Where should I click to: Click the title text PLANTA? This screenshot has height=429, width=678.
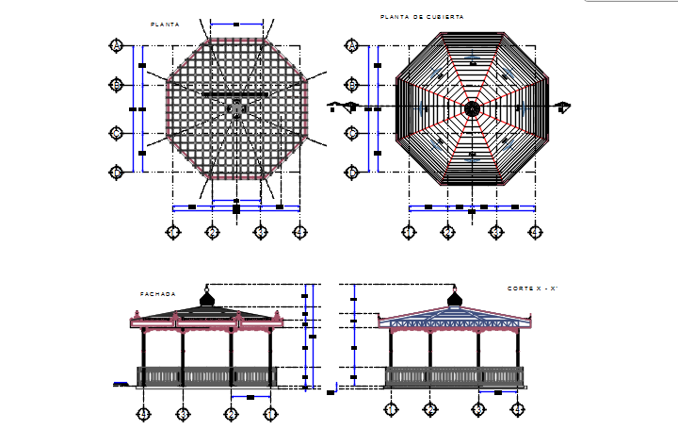(165, 24)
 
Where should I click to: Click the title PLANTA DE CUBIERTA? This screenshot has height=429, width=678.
(422, 17)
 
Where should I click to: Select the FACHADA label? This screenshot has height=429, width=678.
(158, 294)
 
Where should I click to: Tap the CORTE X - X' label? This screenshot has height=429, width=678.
(533, 288)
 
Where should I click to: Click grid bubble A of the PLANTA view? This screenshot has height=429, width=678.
(117, 45)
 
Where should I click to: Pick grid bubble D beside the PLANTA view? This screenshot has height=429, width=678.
(117, 172)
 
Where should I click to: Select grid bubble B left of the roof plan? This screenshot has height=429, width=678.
(352, 85)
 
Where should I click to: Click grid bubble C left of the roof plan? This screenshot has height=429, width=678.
(352, 133)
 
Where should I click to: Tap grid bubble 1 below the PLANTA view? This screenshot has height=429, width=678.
(173, 232)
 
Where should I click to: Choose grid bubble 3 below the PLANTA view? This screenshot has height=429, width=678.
(261, 232)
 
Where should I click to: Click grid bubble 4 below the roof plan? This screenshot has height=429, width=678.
(534, 232)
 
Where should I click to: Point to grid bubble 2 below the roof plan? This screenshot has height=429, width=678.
(447, 232)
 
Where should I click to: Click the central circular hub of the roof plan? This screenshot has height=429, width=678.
(472, 109)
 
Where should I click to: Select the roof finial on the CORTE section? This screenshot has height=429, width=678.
(455, 296)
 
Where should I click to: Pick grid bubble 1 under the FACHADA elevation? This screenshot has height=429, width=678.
(269, 413)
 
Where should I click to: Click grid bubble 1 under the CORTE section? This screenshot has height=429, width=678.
(390, 409)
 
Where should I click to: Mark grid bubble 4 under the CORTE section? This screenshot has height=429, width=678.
(517, 409)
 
